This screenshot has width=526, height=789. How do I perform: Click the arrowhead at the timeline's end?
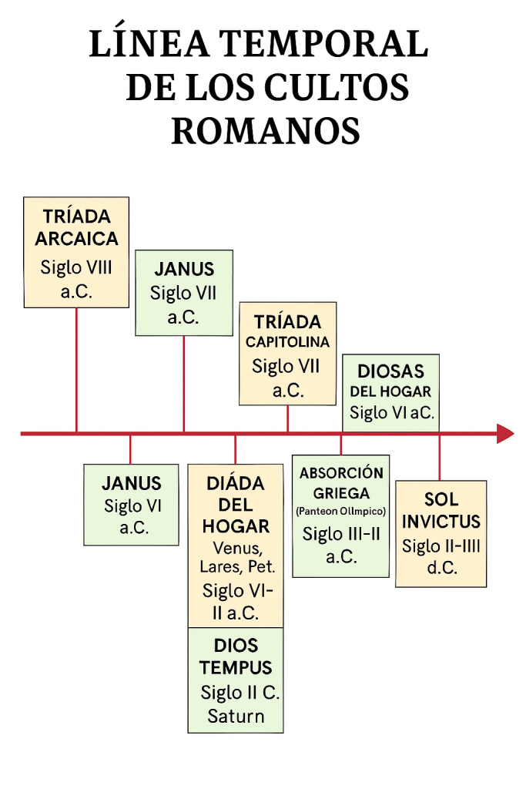coord(505,434)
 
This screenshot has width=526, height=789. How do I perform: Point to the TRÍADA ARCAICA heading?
coord(76,227)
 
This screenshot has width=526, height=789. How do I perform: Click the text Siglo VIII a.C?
coord(76,280)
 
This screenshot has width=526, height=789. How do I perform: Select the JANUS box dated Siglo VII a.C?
coord(183,292)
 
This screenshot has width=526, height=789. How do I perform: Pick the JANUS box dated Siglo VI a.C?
coord(131,505)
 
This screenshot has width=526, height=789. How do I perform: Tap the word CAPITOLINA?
coord(287,342)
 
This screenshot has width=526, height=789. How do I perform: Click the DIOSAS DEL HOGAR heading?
coord(390,381)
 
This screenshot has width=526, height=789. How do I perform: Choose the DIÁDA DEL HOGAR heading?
coord(236,505)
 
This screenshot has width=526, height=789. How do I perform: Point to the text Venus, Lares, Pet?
coord(236,558)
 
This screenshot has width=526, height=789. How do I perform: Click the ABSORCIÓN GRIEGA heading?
coord(340,483)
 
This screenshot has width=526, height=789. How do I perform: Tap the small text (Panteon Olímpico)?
coord(340,512)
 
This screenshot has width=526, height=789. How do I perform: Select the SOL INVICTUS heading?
coord(441,510)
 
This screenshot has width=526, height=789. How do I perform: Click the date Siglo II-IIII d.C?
coord(441,557)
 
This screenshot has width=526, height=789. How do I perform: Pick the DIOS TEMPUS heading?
coord(236,656)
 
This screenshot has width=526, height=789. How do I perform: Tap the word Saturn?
coord(236,716)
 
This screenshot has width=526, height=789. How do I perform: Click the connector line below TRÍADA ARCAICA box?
coord(76,370)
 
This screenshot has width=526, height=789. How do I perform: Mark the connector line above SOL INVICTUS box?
coord(440,458)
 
